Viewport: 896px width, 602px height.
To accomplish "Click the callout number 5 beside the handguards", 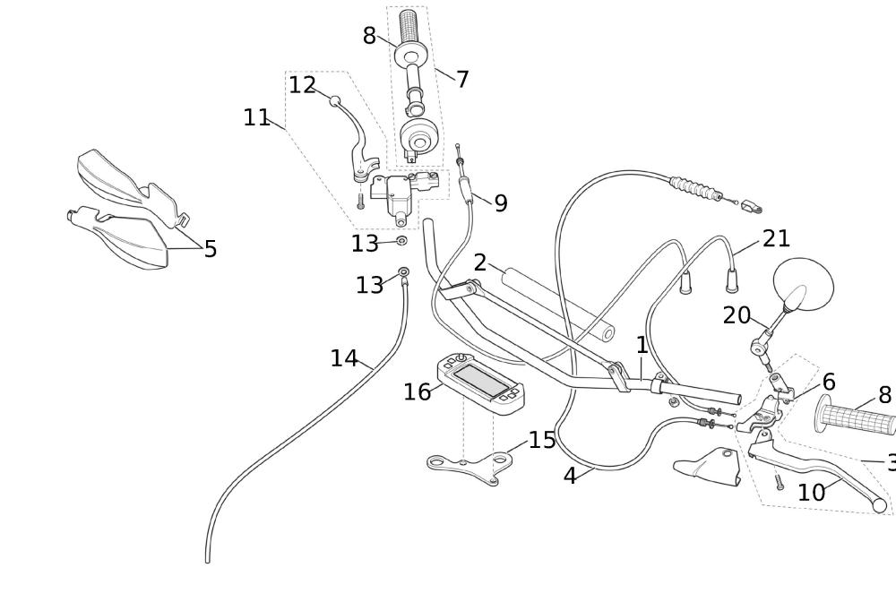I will pyautogui.click(x=211, y=249).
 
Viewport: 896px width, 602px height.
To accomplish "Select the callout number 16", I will pyautogui.click(x=417, y=392).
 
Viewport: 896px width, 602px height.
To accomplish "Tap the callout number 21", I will pyautogui.click(x=776, y=239).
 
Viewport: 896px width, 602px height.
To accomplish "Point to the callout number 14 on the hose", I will pyautogui.click(x=344, y=359).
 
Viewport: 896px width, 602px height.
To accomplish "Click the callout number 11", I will pyautogui.click(x=256, y=117).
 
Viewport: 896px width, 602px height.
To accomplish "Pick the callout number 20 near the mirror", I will pyautogui.click(x=737, y=315).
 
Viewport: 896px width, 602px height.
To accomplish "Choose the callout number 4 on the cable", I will pyautogui.click(x=570, y=477).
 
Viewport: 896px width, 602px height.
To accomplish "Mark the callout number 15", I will pyautogui.click(x=542, y=440).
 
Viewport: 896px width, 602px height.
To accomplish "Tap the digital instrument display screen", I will pyautogui.click(x=481, y=381).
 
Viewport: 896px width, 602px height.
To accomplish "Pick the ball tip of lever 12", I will pyautogui.click(x=334, y=101).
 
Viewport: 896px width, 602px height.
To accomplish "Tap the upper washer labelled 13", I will pyautogui.click(x=401, y=240).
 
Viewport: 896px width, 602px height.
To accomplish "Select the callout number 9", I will pyautogui.click(x=500, y=204).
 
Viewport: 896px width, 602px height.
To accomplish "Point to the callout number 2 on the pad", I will pyautogui.click(x=479, y=263).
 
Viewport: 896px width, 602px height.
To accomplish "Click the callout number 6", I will pyautogui.click(x=829, y=383).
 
